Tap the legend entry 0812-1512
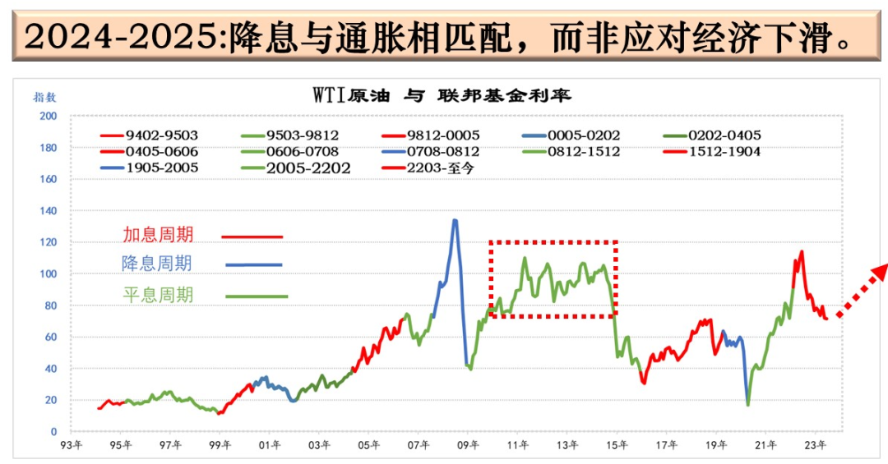585,152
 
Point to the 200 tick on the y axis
49,117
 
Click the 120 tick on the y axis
49,242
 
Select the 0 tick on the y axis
53,431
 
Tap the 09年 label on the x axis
467,446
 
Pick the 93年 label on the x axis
72,446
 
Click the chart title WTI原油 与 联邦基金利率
442,94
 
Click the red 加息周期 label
159,235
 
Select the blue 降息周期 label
157,264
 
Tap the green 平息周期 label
159,295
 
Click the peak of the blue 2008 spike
455,220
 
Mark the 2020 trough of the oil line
748,404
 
